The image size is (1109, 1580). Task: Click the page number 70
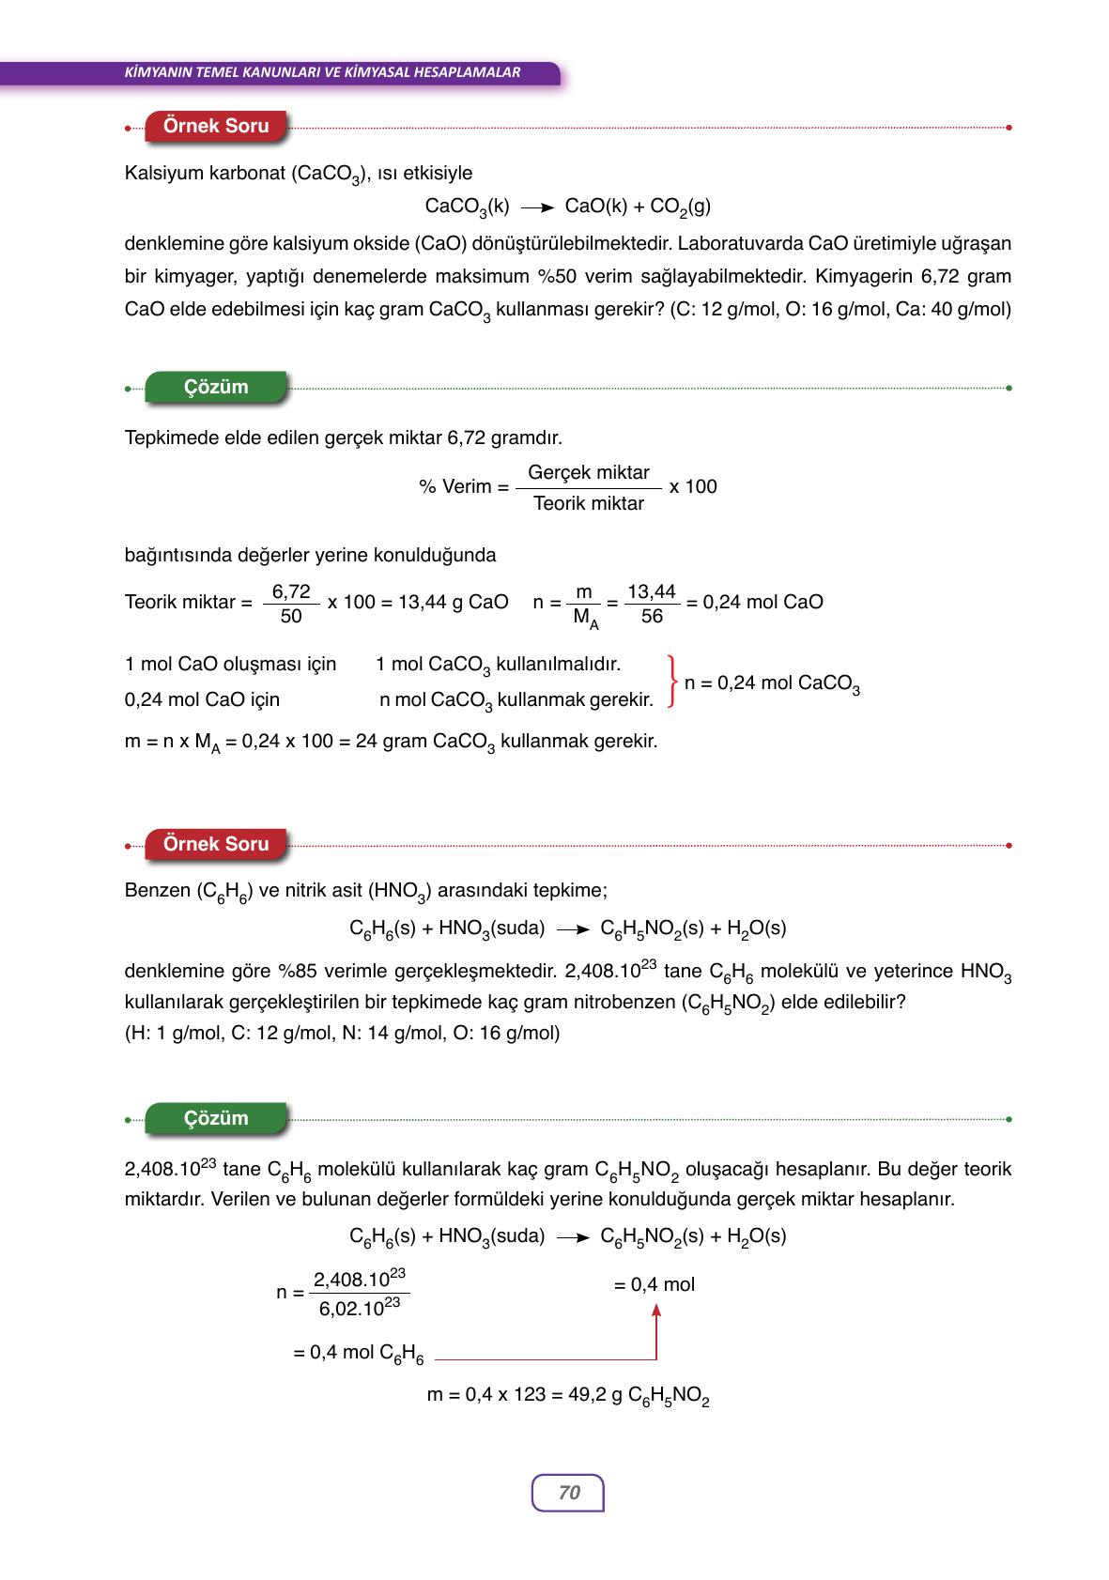(568, 1493)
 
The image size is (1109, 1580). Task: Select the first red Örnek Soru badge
(216, 126)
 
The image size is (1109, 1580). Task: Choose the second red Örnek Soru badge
(216, 844)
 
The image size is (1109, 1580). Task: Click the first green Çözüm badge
(216, 387)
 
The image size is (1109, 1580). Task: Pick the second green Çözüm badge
(216, 1118)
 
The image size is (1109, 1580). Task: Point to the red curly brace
(671, 682)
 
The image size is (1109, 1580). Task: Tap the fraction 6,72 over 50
(291, 604)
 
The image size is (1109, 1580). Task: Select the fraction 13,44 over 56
(652, 604)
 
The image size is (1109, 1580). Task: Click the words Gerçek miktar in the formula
(589, 472)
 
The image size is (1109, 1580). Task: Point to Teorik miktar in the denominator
(589, 504)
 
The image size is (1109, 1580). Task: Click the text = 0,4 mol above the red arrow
(655, 1284)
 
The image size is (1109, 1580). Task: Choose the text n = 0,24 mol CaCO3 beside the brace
(772, 684)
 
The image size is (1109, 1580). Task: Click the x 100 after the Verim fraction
(693, 486)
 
